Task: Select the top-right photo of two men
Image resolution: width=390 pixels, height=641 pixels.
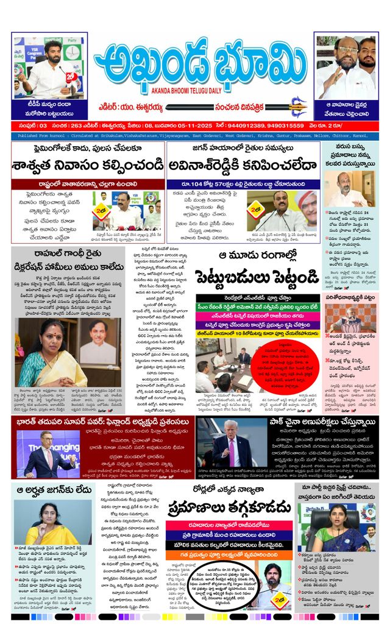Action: tap(346, 68)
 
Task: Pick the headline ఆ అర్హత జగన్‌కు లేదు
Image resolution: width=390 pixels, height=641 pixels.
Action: tap(53, 489)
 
